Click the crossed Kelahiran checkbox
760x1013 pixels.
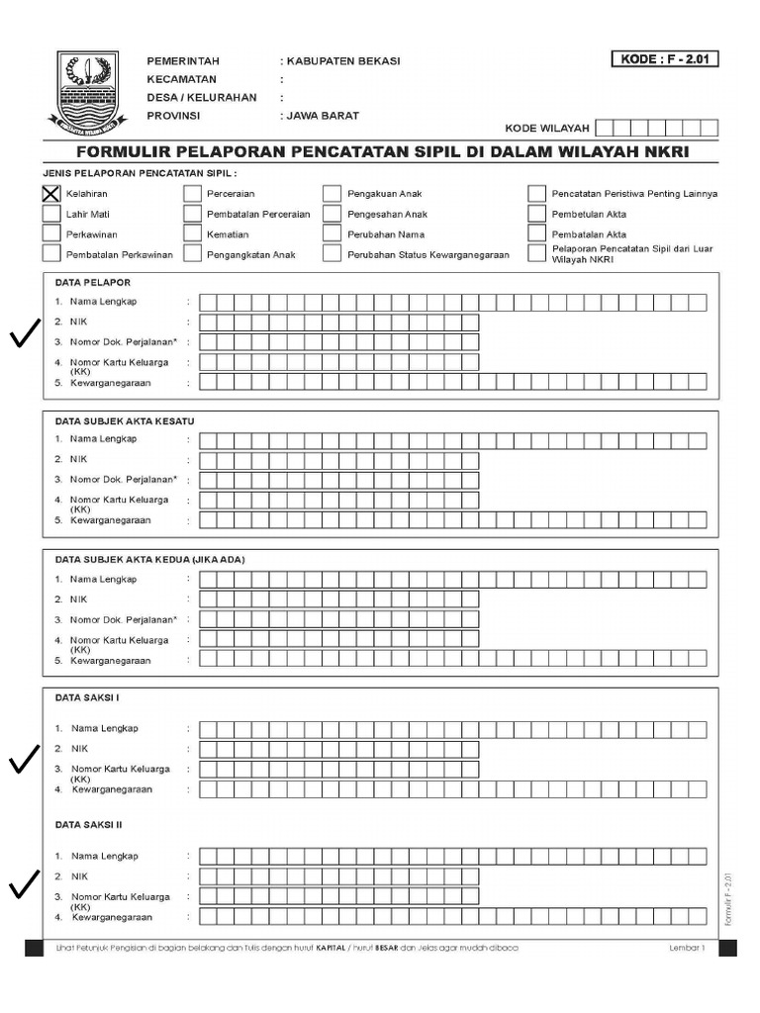51,194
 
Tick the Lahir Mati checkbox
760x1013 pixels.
51,214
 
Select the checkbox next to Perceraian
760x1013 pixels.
192,194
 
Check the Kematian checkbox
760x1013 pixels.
192,234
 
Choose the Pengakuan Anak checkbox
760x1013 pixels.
332,194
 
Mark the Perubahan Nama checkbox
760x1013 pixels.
332,234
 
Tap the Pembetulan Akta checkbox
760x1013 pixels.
536,214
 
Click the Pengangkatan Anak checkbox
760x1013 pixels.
192,254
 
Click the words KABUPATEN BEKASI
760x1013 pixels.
343,61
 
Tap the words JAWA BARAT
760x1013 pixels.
324,115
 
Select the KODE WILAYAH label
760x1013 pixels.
547,129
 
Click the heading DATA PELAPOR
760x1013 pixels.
93,283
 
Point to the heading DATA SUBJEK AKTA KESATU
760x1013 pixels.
125,421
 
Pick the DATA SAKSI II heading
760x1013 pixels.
89,823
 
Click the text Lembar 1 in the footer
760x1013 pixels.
687,949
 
